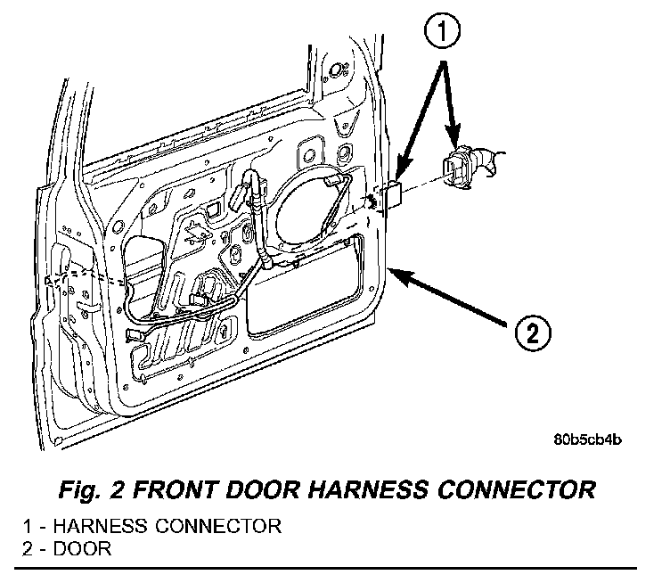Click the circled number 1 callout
pos(442,30)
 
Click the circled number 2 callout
pos(533,333)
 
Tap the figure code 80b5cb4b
pos(587,439)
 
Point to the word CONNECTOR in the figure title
pos(516,489)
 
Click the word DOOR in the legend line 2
pos(82,548)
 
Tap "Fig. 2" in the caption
pos(92,489)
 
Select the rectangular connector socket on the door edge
pos(393,193)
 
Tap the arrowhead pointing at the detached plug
pos(453,135)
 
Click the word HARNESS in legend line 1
pos(101,526)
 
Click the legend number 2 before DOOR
pos(28,548)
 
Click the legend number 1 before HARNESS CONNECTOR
pos(28,526)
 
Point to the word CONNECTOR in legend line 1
pos(218,526)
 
